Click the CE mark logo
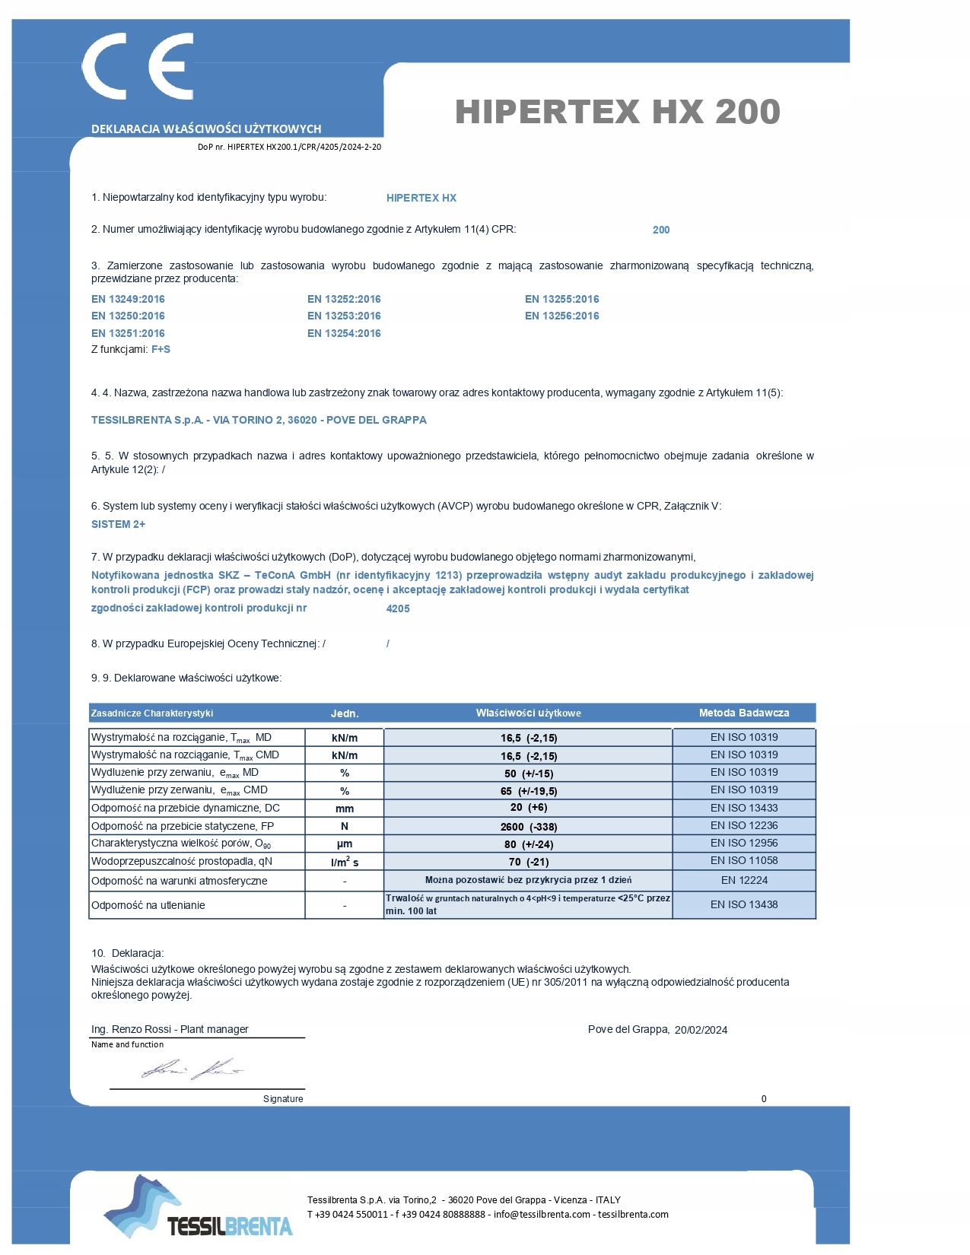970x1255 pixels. (138, 66)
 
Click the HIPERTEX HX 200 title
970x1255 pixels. (617, 112)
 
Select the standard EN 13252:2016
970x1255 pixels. (344, 299)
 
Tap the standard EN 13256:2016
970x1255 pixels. (561, 316)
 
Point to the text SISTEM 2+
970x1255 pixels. (118, 524)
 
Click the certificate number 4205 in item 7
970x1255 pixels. (398, 608)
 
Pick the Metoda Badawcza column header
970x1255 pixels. (743, 713)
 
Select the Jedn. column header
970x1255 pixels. (344, 713)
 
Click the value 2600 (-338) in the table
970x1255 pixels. (528, 827)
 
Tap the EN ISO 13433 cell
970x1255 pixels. (743, 808)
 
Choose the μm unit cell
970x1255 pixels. (344, 844)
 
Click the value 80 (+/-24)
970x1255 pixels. (528, 844)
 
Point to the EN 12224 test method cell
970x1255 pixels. (743, 880)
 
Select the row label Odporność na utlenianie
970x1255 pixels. (148, 905)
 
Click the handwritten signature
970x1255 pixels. (192, 1069)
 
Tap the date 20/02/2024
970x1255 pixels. (701, 1030)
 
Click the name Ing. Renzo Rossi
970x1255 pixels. (132, 1029)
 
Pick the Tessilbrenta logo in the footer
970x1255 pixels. (198, 1209)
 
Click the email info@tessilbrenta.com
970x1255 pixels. (542, 1214)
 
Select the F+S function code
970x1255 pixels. (161, 349)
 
